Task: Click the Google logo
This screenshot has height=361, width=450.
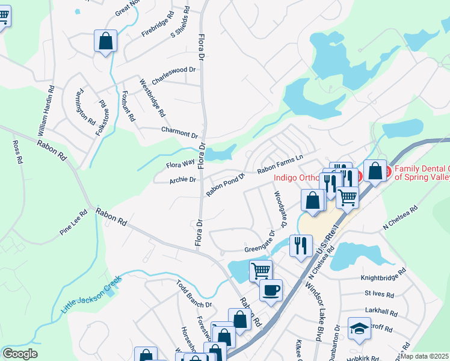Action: pos(20,354)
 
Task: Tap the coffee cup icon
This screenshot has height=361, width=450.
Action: pos(271,290)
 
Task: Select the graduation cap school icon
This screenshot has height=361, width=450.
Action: pos(360,329)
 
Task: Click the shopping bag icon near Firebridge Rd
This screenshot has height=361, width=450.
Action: pos(105,42)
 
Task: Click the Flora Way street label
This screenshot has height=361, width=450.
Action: pos(180,162)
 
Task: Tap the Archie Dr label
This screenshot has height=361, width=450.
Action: pos(183,179)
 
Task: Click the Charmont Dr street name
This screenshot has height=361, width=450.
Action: pos(179,132)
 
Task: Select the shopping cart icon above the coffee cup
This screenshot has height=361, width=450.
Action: pos(260,270)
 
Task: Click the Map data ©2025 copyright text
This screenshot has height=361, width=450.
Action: pos(425,356)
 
